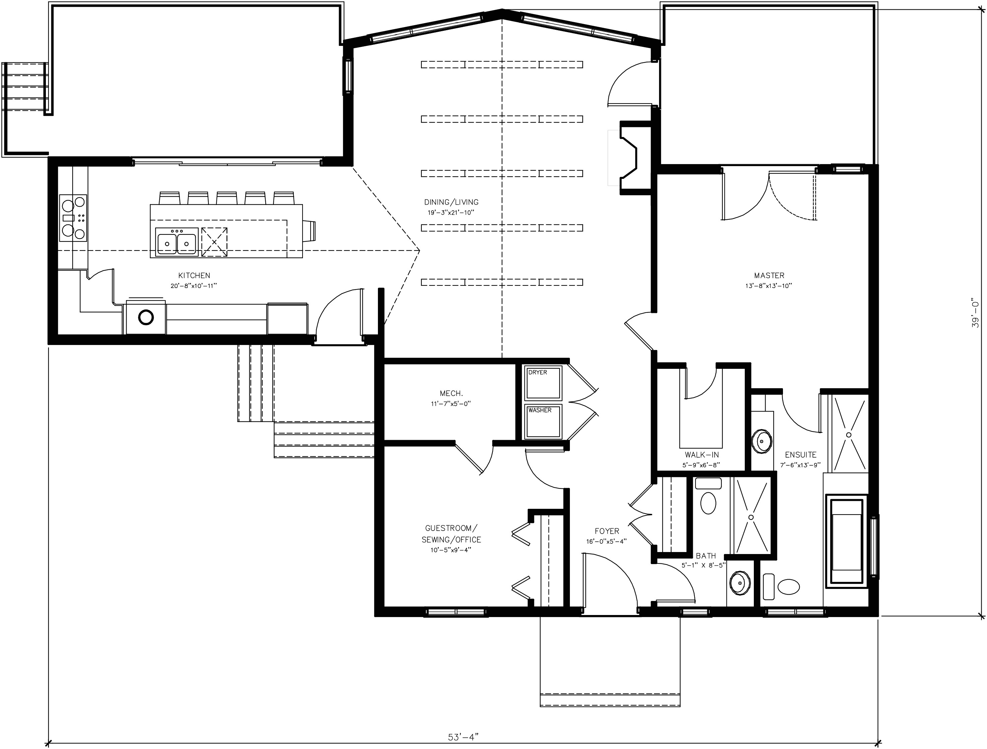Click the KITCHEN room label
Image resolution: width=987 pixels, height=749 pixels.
pos(194,276)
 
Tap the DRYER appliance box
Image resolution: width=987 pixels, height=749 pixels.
pos(543,383)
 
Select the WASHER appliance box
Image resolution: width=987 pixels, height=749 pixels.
pos(543,421)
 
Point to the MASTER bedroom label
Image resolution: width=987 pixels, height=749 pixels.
pos(769,276)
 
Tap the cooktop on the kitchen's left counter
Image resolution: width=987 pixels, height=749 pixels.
pos(73,218)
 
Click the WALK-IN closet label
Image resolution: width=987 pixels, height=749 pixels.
pos(702,455)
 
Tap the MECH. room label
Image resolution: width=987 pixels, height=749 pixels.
pos(451,394)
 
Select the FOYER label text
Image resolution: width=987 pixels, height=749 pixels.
pos(607,531)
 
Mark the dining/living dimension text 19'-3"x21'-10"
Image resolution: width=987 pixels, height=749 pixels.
pos(451,213)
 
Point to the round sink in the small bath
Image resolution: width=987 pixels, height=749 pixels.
pos(740,584)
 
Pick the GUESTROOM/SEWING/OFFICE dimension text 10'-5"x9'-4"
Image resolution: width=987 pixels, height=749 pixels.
pos(451,550)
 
